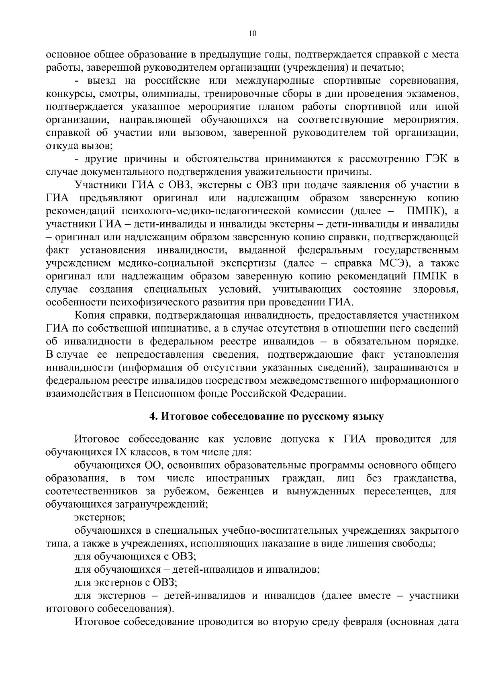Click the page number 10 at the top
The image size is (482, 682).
pyautogui.click(x=252, y=34)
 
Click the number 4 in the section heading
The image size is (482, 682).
pyautogui.click(x=153, y=417)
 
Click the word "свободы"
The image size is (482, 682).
pyautogui.click(x=415, y=543)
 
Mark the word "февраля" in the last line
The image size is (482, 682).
pyautogui.click(x=360, y=622)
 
